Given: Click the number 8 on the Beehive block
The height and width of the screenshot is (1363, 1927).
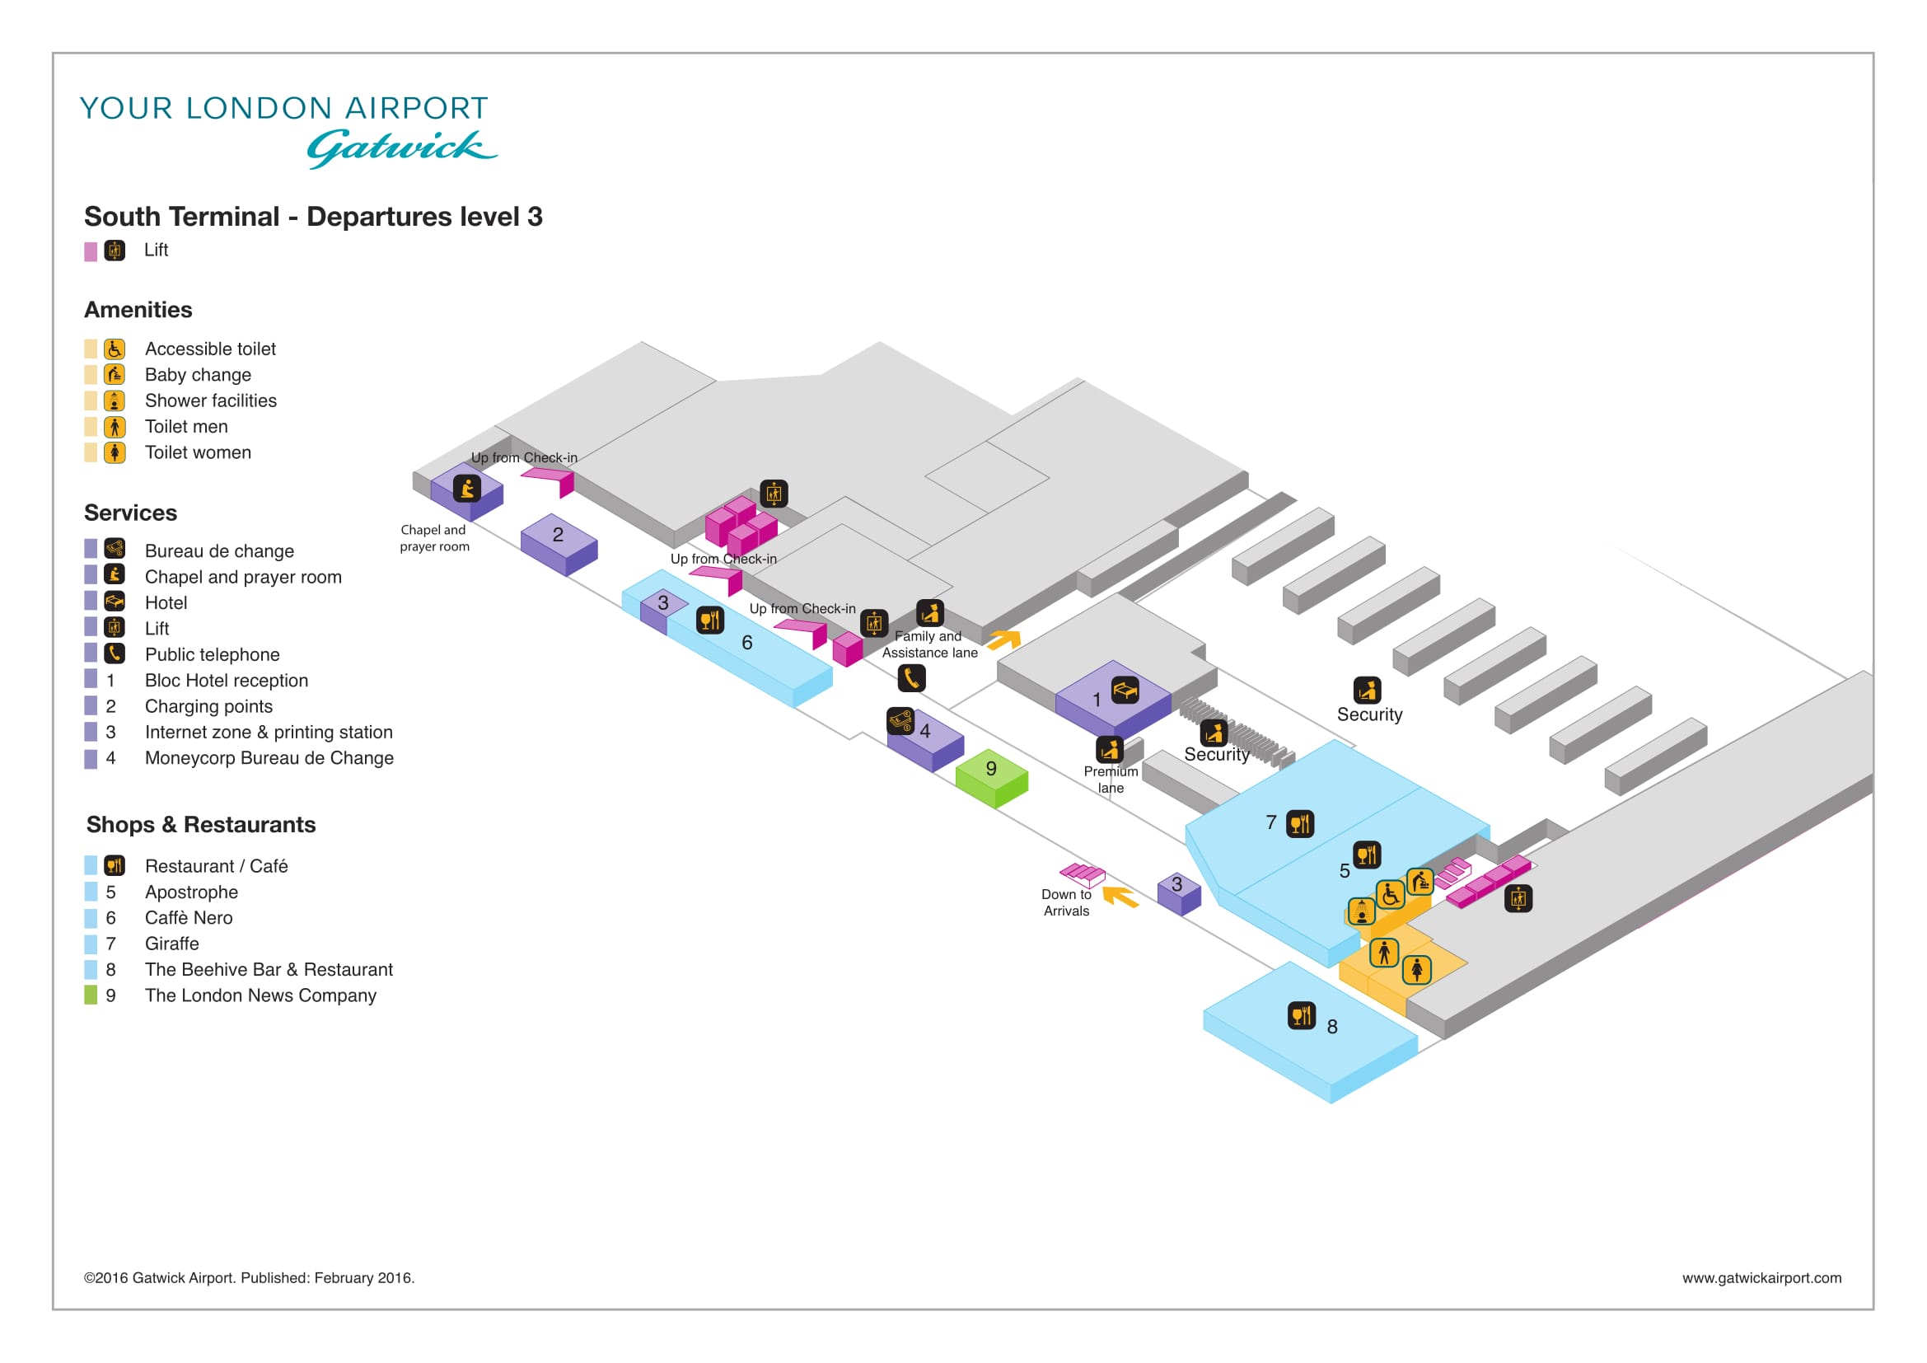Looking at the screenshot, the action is point(1332,1027).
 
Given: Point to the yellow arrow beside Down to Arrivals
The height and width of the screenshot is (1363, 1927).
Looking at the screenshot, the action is point(1120,897).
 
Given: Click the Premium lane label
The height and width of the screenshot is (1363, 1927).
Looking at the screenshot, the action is point(1111,780).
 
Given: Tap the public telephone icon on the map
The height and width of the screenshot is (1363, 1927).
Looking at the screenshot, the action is point(911,678).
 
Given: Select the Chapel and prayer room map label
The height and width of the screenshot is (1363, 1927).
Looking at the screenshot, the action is point(434,538).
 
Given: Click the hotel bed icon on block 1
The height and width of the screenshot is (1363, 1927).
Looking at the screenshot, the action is point(1125,690).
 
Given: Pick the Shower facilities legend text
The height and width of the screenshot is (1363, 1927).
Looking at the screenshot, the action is point(211,400).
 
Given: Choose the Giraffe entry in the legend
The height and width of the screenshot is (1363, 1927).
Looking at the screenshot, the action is point(172,944).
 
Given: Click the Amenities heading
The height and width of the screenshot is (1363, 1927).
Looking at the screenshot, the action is point(138,310).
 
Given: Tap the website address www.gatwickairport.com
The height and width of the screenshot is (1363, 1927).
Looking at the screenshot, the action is point(1761,1277).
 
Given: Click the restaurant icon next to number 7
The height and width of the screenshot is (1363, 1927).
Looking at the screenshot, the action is point(1300,824).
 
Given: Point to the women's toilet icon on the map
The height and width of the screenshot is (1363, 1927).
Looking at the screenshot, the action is point(1417,970).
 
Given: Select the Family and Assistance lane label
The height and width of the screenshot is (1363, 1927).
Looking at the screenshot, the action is point(930,644).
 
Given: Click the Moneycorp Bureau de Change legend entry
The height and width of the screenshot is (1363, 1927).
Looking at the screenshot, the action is point(269,758).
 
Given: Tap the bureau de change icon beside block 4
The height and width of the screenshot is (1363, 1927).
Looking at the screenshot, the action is point(900,721).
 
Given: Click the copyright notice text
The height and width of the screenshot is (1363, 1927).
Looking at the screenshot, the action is point(250,1277).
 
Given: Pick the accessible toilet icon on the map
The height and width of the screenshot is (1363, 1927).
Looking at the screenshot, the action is point(1390,895).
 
